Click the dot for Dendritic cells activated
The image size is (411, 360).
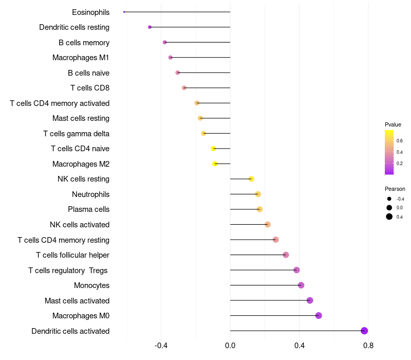pyautogui.click(x=364, y=331)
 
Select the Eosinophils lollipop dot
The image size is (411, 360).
pyautogui.click(x=124, y=12)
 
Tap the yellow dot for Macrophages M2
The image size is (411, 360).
pyautogui.click(x=215, y=164)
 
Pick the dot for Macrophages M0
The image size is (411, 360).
pyautogui.click(x=319, y=315)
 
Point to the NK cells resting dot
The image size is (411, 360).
pyautogui.click(x=251, y=179)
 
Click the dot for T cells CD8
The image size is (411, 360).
pyautogui.click(x=184, y=87)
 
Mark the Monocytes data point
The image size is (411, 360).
pyautogui.click(x=301, y=285)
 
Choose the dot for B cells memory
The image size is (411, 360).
pyautogui.click(x=164, y=42)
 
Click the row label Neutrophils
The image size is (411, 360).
pyautogui.click(x=91, y=194)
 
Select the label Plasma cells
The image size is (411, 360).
pyautogui.click(x=88, y=209)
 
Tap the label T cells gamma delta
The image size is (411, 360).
pyautogui.click(x=76, y=134)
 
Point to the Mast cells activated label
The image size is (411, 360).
pyautogui.click(x=77, y=301)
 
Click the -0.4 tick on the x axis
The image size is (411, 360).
pyautogui.click(x=161, y=346)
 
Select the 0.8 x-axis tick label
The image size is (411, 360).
pyautogui.click(x=368, y=346)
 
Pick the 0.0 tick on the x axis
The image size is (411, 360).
pyautogui.click(x=230, y=346)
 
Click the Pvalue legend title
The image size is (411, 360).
pyautogui.click(x=393, y=124)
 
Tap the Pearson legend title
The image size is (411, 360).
pyautogui.click(x=395, y=189)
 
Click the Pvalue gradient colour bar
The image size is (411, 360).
pyautogui.click(x=389, y=152)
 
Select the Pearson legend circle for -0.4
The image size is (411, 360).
pyautogui.click(x=389, y=199)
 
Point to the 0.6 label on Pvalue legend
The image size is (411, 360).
pyautogui.click(x=400, y=141)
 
